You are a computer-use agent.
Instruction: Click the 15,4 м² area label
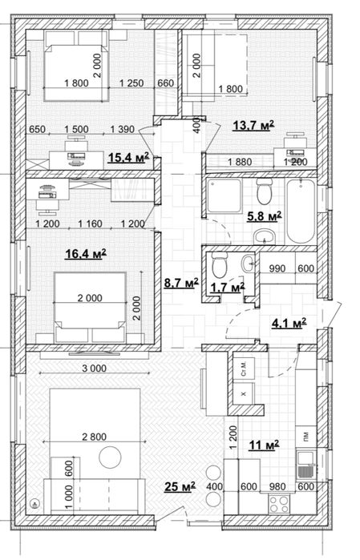pyautogui.click(x=128, y=157)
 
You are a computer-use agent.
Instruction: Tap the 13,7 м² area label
pyautogui.click(x=253, y=125)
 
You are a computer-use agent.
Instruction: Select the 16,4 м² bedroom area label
pyautogui.click(x=86, y=254)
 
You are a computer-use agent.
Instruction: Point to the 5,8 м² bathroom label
pyautogui.click(x=265, y=216)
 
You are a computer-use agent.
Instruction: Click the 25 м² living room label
pyautogui.click(x=180, y=486)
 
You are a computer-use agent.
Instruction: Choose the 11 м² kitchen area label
pyautogui.click(x=264, y=445)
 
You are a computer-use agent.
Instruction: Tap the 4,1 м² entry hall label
pyautogui.click(x=289, y=324)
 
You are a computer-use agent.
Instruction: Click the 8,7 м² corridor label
pyautogui.click(x=181, y=284)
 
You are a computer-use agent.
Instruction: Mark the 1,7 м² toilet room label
pyautogui.click(x=228, y=287)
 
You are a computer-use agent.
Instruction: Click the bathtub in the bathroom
pyautogui.click(x=301, y=212)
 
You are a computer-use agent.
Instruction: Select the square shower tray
pyautogui.click(x=224, y=195)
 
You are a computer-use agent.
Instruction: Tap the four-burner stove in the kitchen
pyautogui.click(x=279, y=504)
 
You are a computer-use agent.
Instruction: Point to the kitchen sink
pyautogui.click(x=306, y=465)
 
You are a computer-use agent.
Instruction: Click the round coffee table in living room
pyautogui.click(x=110, y=457)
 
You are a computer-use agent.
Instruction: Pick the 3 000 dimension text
pyautogui.click(x=94, y=369)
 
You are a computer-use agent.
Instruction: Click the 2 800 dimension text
pyautogui.click(x=94, y=437)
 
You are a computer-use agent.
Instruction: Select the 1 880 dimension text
pyautogui.click(x=240, y=162)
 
